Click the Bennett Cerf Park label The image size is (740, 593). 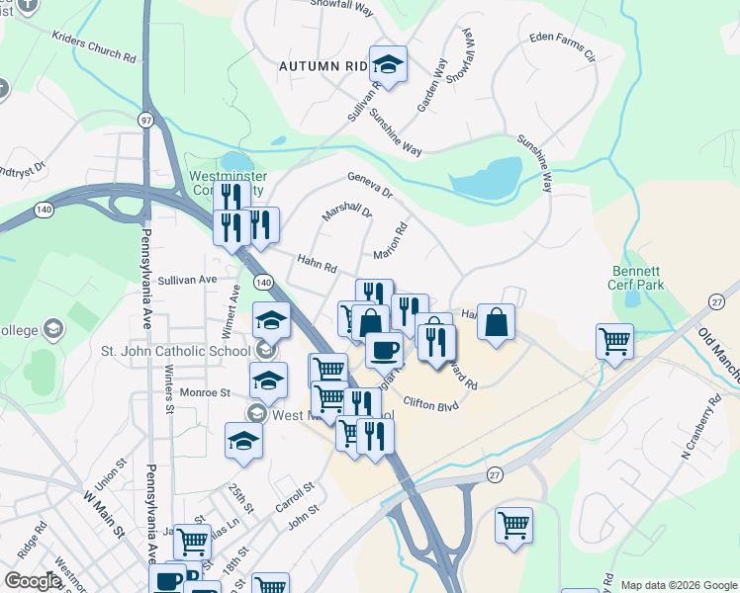click(x=636, y=278)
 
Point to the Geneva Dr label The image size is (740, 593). click(x=370, y=183)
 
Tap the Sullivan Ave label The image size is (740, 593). click(x=186, y=280)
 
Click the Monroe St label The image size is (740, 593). click(x=204, y=392)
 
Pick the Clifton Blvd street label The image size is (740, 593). click(x=431, y=403)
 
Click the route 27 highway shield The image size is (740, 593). click(x=494, y=475)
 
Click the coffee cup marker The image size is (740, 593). click(x=384, y=348)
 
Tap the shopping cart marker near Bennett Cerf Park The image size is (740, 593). click(x=614, y=341)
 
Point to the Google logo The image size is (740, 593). click(x=33, y=581)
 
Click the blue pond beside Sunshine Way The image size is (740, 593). click(x=486, y=179)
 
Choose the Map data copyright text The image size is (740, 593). click(x=678, y=585)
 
